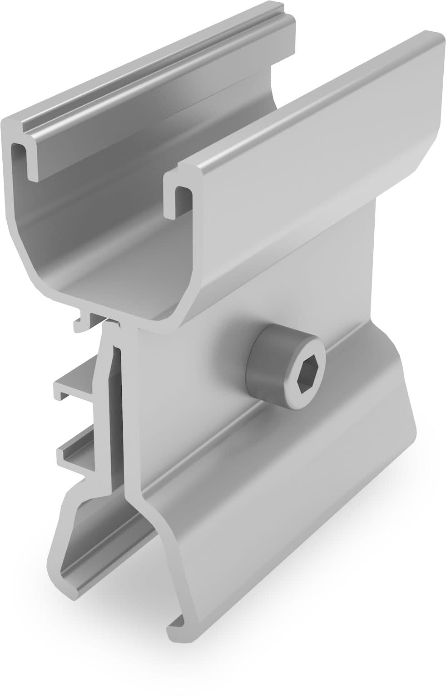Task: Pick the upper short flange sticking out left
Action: [x=73, y=386]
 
